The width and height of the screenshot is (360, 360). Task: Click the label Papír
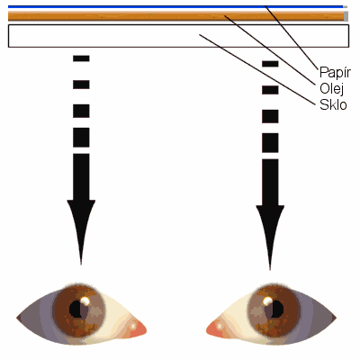[335, 73]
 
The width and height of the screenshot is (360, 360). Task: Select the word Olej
[332, 89]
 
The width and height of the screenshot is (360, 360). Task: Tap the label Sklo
[333, 104]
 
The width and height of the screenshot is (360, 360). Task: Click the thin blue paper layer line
[175, 6]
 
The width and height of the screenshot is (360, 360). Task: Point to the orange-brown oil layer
[176, 16]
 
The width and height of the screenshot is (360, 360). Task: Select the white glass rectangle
[178, 36]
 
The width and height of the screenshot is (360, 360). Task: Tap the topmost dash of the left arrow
[81, 58]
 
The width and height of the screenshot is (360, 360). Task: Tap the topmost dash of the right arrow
[270, 64]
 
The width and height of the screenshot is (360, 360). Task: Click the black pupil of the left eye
[76, 309]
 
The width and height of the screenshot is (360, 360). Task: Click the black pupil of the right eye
[277, 309]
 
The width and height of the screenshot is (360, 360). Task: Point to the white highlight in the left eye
[85, 301]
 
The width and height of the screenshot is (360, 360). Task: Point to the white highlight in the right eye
[267, 301]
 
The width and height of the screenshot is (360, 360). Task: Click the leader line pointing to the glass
[257, 69]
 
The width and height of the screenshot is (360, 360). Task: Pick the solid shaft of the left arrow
[81, 177]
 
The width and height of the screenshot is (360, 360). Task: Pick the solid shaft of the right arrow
[270, 183]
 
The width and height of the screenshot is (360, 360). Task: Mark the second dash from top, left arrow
[81, 85]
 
